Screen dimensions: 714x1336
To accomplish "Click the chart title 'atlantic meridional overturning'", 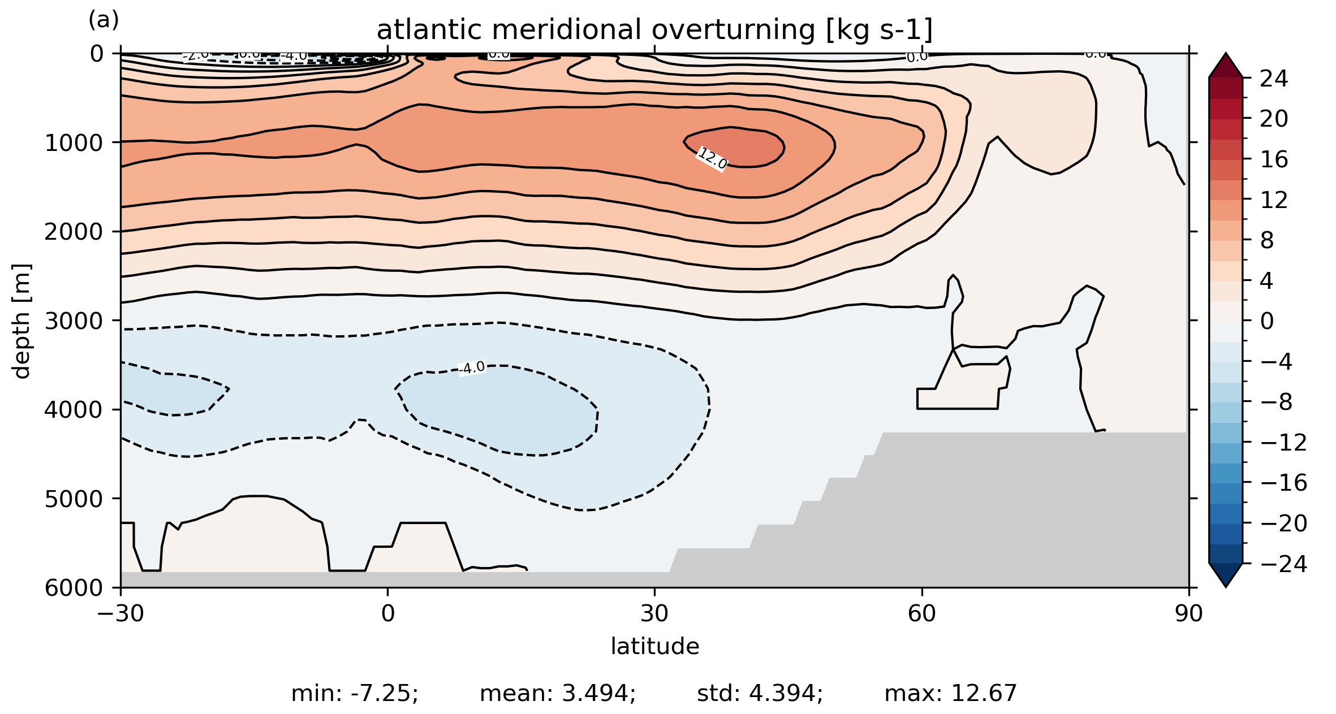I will click(654, 30).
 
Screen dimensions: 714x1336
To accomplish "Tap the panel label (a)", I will click(104, 20).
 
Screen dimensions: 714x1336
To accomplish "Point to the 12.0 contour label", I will click(712, 158).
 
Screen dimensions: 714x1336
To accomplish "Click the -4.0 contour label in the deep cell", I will click(472, 368).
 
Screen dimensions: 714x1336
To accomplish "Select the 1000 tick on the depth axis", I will click(74, 143).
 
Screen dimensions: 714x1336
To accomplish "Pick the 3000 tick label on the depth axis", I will click(74, 321).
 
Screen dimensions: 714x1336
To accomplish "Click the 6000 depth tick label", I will click(74, 588).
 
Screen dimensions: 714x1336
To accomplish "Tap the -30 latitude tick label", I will click(120, 613).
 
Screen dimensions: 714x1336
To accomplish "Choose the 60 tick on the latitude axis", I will click(922, 613).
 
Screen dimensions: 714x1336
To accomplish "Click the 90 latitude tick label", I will click(1188, 613).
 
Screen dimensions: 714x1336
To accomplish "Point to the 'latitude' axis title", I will click(654, 646).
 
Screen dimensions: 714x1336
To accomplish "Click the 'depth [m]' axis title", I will click(21, 321).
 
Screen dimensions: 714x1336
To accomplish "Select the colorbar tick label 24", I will click(1274, 79).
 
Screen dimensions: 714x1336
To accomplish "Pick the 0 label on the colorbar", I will click(1267, 321).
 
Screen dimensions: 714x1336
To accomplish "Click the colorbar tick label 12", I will click(1274, 200).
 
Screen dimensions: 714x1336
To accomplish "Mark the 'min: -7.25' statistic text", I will click(355, 693).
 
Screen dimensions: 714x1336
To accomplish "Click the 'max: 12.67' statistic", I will click(951, 693).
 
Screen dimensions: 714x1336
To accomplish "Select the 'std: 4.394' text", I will click(760, 693).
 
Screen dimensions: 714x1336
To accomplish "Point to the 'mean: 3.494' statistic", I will click(558, 693).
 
